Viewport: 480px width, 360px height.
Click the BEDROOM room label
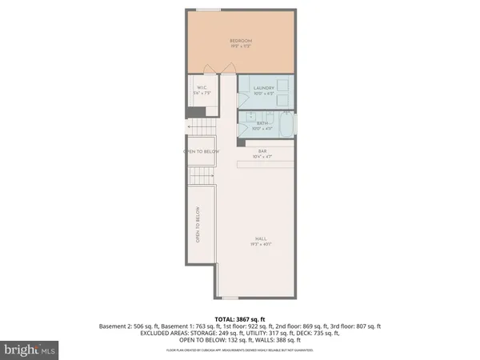[x=241, y=41]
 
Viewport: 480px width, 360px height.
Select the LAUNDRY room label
[x=264, y=88]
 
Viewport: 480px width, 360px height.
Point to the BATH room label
[x=263, y=124]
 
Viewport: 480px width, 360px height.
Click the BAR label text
[x=262, y=150]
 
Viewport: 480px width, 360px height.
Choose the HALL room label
[x=261, y=238]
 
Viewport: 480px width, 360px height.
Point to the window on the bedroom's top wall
[x=210, y=10]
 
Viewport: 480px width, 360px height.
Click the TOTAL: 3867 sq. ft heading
[x=239, y=319]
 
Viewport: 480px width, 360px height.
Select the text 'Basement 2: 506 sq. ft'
[x=126, y=326]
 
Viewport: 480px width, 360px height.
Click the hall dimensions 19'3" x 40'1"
[x=261, y=243]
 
